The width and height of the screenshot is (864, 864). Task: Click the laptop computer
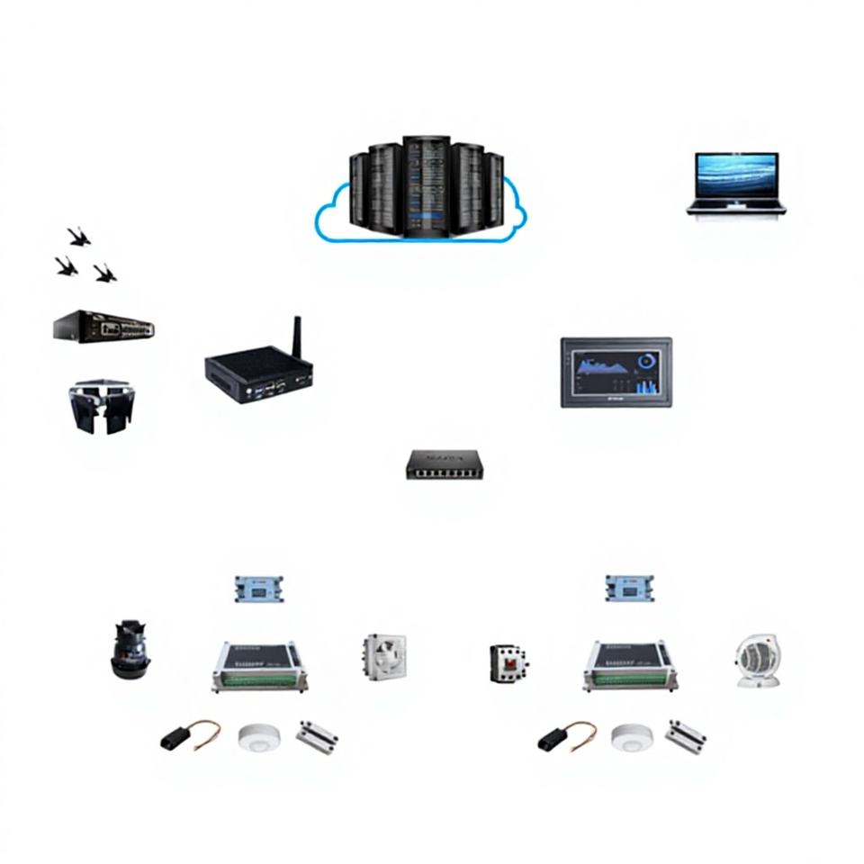click(735, 184)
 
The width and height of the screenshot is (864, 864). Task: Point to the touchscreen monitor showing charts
click(616, 372)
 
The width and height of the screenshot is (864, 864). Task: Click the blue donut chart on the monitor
click(645, 362)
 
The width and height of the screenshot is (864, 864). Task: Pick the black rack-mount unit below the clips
click(103, 326)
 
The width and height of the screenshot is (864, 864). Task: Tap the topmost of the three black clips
click(79, 237)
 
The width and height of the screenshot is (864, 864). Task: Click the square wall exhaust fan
click(385, 656)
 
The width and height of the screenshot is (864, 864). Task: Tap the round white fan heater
click(755, 661)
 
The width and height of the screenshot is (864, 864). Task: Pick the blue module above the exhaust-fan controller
click(259, 589)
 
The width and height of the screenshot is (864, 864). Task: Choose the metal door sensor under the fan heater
click(685, 736)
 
